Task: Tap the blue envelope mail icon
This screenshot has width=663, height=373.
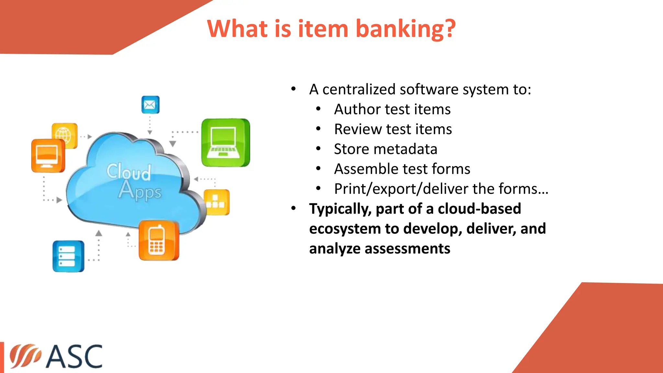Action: point(150,105)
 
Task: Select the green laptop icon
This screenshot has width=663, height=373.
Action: point(225,143)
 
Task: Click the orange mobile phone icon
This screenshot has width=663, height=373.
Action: point(158,241)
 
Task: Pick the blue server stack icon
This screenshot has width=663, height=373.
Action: point(68,256)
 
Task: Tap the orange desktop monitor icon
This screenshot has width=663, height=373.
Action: point(48,156)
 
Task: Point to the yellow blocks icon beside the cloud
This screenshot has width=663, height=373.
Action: point(217,202)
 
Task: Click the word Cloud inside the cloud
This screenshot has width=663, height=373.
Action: point(129,171)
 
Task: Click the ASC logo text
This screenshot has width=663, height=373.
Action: point(74,356)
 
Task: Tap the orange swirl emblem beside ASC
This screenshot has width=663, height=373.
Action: point(25,356)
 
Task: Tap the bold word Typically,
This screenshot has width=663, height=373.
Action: point(340,209)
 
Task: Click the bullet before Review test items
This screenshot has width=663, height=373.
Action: point(318,129)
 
